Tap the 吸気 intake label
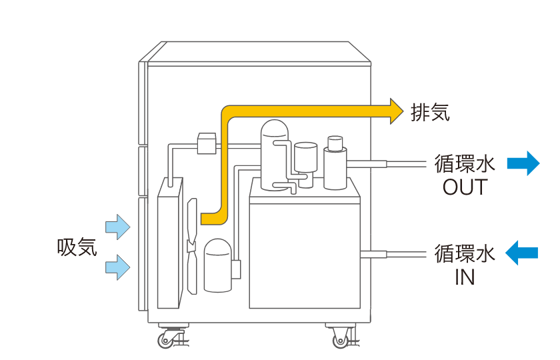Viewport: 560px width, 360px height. (x=77, y=247)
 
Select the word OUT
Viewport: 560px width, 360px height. (x=465, y=187)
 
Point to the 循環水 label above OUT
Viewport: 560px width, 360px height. (x=465, y=163)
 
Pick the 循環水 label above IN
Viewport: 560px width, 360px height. (x=465, y=253)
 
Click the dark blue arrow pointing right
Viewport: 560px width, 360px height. (x=523, y=163)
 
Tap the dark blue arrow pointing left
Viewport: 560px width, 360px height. (x=521, y=253)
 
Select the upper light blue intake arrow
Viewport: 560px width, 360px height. (x=118, y=227)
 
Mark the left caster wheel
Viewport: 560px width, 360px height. (x=171, y=338)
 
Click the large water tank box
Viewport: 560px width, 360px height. (x=304, y=253)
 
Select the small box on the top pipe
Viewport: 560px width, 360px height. (x=207, y=143)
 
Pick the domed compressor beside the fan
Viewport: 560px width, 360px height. (x=217, y=265)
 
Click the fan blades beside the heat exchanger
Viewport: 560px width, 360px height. (x=193, y=247)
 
